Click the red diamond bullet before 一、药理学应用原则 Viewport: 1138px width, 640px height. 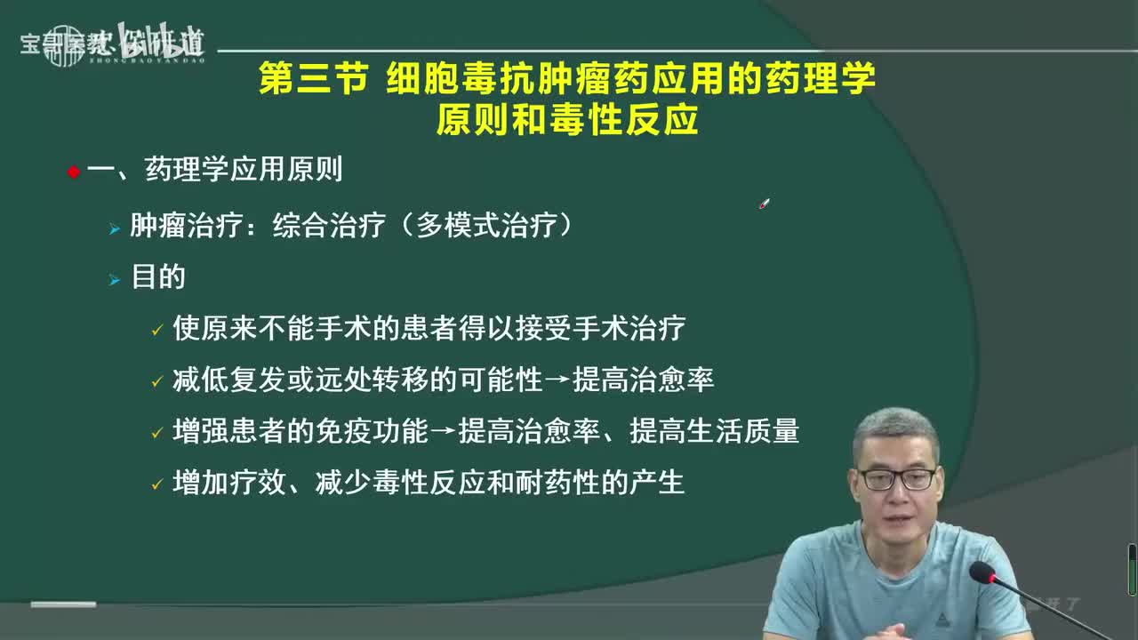pos(74,172)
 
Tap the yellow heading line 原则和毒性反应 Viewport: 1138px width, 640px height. pos(566,120)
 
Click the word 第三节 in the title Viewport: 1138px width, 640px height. pos(312,79)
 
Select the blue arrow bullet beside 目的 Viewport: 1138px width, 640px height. pos(114,280)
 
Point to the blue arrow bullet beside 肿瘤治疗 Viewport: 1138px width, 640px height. pos(114,229)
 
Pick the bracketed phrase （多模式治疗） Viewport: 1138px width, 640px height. pos(484,226)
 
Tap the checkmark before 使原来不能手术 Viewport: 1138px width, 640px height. pos(156,331)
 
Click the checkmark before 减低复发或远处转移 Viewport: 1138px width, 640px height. pos(156,382)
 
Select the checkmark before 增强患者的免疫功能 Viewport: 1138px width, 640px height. pos(156,434)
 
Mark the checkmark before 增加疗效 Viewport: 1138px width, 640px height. pos(156,485)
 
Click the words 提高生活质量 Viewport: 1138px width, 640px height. pos(714,432)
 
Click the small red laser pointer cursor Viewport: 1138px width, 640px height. pos(764,204)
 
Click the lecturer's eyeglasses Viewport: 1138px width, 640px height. pos(896,479)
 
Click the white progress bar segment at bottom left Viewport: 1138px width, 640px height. pos(63,604)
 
